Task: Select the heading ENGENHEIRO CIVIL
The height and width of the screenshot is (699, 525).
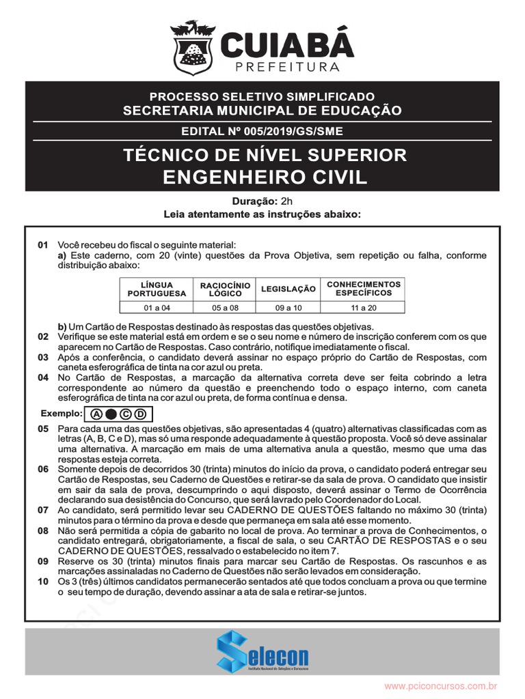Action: [x=265, y=177]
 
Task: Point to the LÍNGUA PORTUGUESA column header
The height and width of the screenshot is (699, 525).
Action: [x=157, y=289]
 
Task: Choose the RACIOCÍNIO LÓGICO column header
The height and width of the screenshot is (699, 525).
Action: [x=225, y=289]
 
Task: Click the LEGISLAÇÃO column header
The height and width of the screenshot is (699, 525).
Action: [x=288, y=289]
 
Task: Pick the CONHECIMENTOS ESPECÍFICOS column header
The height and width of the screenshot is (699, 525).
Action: [x=364, y=288]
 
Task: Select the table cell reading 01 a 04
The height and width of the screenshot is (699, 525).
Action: [x=157, y=308]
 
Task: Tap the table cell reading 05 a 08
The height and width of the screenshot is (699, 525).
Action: [x=225, y=308]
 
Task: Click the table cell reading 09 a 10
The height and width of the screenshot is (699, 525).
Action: [x=288, y=308]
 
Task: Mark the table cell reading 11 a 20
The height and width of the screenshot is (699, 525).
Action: [x=364, y=308]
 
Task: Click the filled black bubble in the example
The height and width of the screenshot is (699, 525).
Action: [x=111, y=414]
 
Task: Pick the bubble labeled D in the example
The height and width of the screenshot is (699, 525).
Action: [x=140, y=414]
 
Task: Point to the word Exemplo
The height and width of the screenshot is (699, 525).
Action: [x=61, y=414]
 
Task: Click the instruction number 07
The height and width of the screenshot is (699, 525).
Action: [x=43, y=510]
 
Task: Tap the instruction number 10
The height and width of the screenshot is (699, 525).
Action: [x=43, y=582]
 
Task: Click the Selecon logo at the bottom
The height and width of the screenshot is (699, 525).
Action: [x=262, y=651]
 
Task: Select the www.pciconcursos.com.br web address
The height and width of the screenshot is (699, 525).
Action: [x=440, y=685]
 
